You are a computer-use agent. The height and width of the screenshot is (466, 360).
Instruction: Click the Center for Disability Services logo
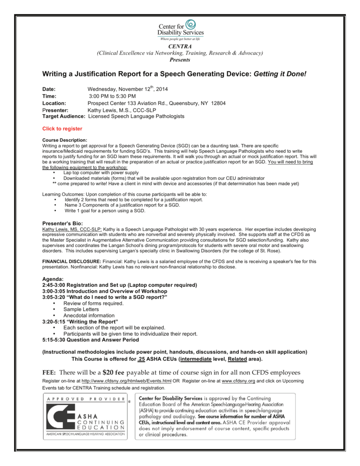(x=180, y=30)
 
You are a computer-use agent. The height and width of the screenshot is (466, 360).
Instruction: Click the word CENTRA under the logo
(x=180, y=47)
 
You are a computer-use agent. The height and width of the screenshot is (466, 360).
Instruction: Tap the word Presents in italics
(x=180, y=60)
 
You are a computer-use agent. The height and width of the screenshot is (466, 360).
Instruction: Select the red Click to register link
(x=62, y=129)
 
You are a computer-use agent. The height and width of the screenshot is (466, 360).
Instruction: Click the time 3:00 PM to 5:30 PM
(x=112, y=96)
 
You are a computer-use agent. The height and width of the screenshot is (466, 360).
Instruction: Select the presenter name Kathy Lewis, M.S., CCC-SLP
(x=120, y=110)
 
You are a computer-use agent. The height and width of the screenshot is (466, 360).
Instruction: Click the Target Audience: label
(x=64, y=116)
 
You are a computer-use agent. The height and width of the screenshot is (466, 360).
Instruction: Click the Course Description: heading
(x=64, y=140)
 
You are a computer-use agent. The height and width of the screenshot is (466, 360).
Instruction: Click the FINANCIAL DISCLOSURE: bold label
(x=71, y=261)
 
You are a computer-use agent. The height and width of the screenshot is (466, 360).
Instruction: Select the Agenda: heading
(x=53, y=279)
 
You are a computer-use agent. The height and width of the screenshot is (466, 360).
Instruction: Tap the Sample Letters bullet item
(x=81, y=309)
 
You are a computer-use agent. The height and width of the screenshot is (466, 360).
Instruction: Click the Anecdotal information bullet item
(x=89, y=315)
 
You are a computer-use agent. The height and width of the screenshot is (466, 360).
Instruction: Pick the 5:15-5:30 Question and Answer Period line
(x=91, y=339)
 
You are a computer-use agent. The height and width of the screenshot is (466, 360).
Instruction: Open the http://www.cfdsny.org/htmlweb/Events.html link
(x=127, y=380)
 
